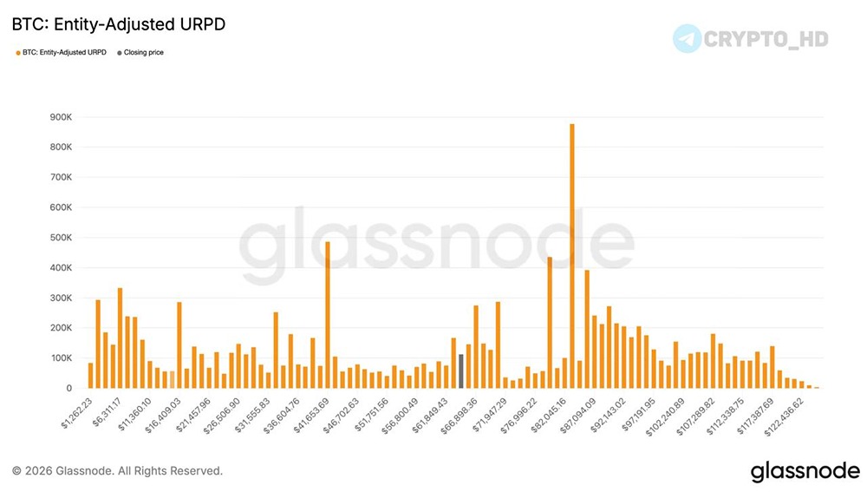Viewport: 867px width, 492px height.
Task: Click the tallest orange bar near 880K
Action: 571,256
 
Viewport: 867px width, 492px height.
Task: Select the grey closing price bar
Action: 461,371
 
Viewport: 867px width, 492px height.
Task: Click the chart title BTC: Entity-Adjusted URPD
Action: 119,24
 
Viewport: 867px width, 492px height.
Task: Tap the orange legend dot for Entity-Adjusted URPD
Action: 18,53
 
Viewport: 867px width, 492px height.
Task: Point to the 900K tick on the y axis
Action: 61,117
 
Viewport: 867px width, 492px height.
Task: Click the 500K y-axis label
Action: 61,238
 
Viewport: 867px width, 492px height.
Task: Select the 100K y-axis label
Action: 61,358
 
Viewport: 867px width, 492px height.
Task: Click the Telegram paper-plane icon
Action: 688,38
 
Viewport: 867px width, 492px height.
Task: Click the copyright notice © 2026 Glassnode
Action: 117,471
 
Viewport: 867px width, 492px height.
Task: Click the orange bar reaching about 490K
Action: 327,315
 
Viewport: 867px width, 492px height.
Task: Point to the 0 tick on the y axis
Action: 68,389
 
